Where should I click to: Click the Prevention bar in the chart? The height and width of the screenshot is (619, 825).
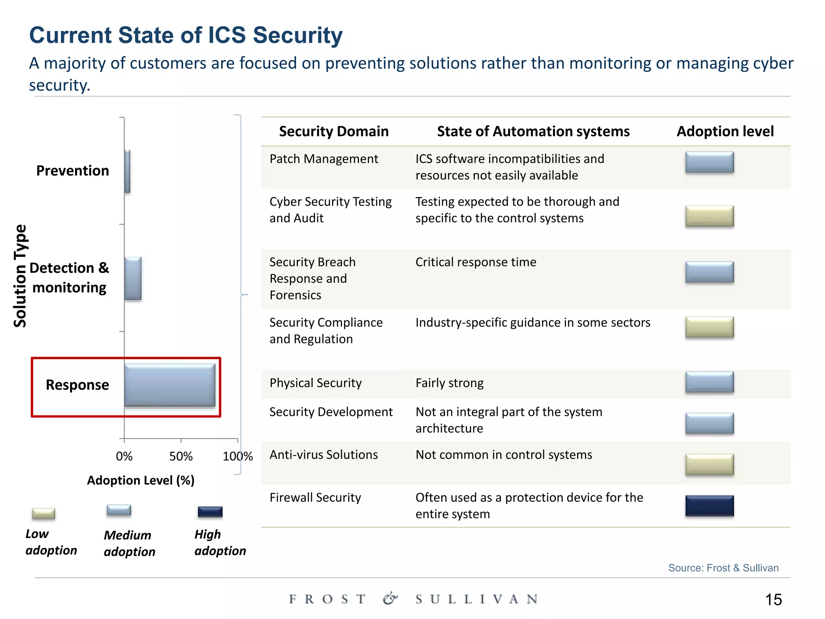(x=127, y=171)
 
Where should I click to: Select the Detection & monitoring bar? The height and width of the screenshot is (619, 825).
(x=133, y=278)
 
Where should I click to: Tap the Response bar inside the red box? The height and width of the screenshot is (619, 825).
(x=170, y=385)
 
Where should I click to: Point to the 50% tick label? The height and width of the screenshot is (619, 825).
(x=181, y=457)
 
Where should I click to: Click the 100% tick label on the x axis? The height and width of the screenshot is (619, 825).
(x=238, y=457)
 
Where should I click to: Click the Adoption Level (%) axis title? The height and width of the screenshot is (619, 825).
(x=141, y=480)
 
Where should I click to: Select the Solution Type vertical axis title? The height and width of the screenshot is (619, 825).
(x=20, y=276)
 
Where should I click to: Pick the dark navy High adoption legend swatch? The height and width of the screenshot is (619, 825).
(x=210, y=512)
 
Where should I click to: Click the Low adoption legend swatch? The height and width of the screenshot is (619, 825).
(x=44, y=513)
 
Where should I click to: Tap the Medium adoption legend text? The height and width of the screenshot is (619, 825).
(x=129, y=543)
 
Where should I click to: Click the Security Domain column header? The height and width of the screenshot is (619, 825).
(x=334, y=131)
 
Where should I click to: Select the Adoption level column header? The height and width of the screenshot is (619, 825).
(x=725, y=131)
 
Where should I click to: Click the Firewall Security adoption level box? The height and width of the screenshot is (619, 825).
(x=709, y=506)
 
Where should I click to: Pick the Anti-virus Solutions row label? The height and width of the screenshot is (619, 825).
(x=323, y=455)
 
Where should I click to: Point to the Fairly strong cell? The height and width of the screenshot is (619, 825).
(x=449, y=383)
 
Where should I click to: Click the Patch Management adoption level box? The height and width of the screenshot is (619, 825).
(x=709, y=162)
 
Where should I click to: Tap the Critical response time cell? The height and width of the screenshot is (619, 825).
(x=476, y=262)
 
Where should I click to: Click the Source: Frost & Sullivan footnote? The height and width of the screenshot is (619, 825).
(x=723, y=568)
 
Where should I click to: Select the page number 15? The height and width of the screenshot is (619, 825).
(x=773, y=600)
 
